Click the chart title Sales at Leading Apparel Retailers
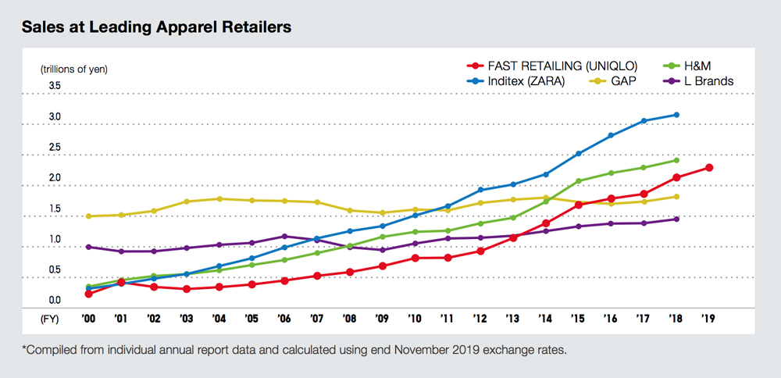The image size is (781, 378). pyautogui.click(x=156, y=27)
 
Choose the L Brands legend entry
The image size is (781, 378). pyautogui.click(x=698, y=80)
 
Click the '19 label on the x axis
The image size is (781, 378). pyautogui.click(x=708, y=319)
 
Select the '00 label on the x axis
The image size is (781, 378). pyautogui.click(x=89, y=319)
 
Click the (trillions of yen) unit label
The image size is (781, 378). pyautogui.click(x=74, y=69)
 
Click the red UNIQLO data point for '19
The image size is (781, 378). pyautogui.click(x=708, y=168)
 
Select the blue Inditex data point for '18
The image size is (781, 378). pyautogui.click(x=676, y=115)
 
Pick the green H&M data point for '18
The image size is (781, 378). pyautogui.click(x=676, y=160)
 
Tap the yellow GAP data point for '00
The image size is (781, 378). pyautogui.click(x=89, y=216)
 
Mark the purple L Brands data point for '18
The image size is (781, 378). pyautogui.click(x=676, y=219)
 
